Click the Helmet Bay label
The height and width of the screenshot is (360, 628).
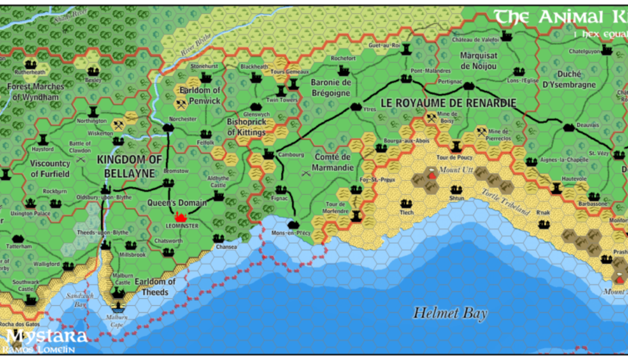pyautogui.click(x=450, y=313)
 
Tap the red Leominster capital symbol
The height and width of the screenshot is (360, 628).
pyautogui.click(x=180, y=217)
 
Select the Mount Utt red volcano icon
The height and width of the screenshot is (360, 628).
pyautogui.click(x=431, y=174)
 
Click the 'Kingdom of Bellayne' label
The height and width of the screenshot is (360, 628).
pyautogui.click(x=129, y=166)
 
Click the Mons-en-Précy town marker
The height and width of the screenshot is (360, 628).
pyautogui.click(x=293, y=224)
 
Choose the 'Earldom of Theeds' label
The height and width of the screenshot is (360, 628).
pyautogui.click(x=155, y=287)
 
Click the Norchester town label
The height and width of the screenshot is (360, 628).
pyautogui.click(x=182, y=119)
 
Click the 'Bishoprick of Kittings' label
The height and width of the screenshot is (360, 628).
pyautogui.click(x=246, y=127)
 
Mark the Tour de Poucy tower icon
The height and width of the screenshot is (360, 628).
pyautogui.click(x=455, y=147)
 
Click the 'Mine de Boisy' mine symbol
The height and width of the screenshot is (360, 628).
pyautogui.click(x=431, y=117)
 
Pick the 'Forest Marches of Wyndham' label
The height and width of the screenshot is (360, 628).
pyautogui.click(x=36, y=91)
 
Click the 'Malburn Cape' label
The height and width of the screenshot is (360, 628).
pyautogui.click(x=116, y=320)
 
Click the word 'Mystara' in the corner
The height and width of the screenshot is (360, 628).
pyautogui.click(x=47, y=336)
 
